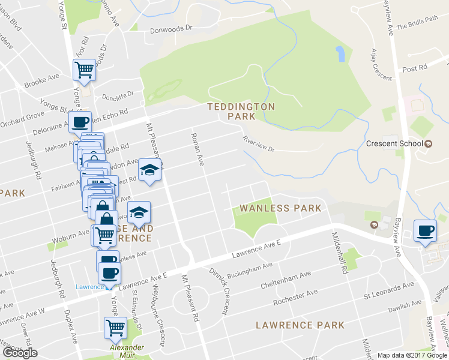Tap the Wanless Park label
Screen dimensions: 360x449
280,208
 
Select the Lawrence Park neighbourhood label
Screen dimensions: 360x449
300,325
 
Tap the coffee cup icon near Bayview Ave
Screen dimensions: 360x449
426,231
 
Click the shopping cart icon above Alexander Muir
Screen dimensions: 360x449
115,328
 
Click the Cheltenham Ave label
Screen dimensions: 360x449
286,281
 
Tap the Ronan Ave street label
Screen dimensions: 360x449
198,147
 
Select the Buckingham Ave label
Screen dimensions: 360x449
249,266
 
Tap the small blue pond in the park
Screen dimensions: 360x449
340,54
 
